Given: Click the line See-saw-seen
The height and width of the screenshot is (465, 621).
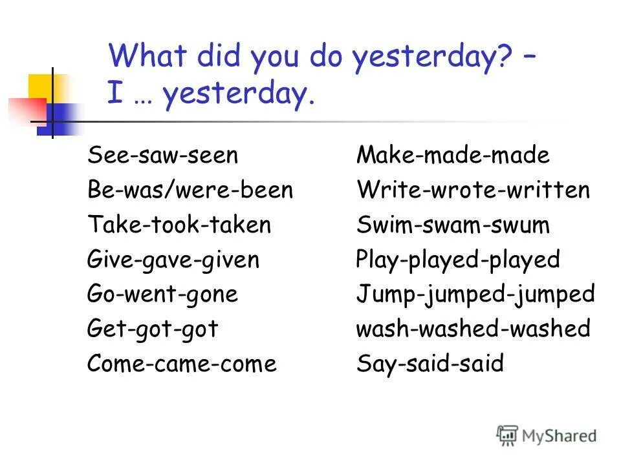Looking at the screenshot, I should point(163,156).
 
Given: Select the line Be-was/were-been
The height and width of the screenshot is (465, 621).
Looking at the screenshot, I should point(190,191).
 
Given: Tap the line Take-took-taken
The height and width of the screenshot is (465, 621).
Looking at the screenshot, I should point(179,225).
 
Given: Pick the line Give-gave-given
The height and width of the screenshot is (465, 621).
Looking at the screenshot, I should point(173,260).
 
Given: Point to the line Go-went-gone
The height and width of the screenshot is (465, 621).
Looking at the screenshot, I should point(163,294).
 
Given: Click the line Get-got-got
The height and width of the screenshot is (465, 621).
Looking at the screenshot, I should point(153,329).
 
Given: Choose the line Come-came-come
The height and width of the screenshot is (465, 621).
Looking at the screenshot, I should point(182,364).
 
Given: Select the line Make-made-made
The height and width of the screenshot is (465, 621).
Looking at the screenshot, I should point(453,156).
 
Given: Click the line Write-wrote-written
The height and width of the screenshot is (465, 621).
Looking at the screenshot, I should point(474,191).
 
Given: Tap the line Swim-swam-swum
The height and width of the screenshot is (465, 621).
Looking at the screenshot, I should point(453,225).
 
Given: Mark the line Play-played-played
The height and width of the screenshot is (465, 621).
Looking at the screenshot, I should point(458,260).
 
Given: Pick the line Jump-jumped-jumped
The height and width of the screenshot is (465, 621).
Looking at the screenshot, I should point(475,294).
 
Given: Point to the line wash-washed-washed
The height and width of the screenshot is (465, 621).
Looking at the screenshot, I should point(474,329).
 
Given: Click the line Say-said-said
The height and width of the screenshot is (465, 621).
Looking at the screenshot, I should point(430,364).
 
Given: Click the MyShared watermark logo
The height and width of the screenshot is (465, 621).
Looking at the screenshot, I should point(547,435).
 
